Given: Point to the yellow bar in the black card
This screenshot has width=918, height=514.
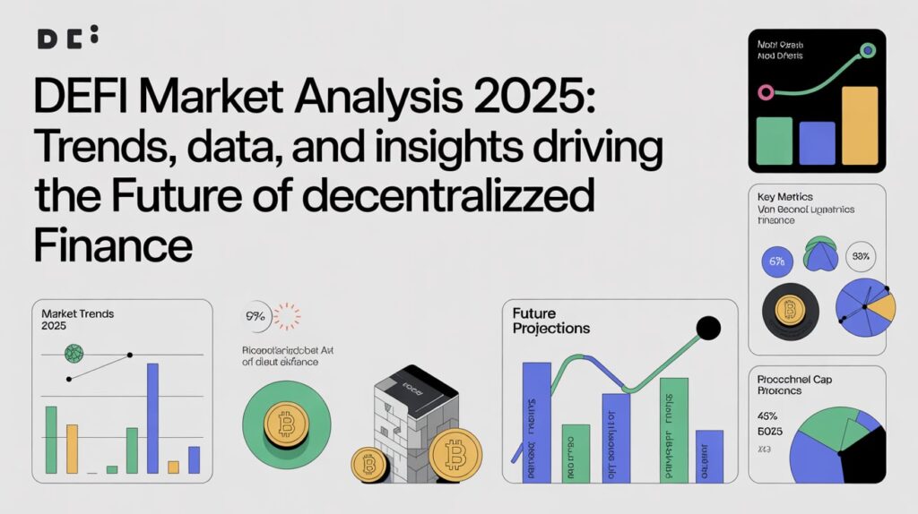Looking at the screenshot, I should click(x=859, y=125).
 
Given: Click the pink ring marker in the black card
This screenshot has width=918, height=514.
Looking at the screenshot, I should click(x=765, y=92).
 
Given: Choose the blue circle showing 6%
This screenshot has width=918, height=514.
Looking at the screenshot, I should click(x=776, y=261).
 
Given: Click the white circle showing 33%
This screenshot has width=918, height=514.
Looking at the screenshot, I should click(x=861, y=257).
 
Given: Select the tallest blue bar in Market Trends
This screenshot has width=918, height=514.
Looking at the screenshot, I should click(x=152, y=416).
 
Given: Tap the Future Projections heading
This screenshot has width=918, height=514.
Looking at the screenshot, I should click(x=550, y=321).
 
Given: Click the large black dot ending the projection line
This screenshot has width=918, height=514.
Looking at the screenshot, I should click(x=708, y=330).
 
